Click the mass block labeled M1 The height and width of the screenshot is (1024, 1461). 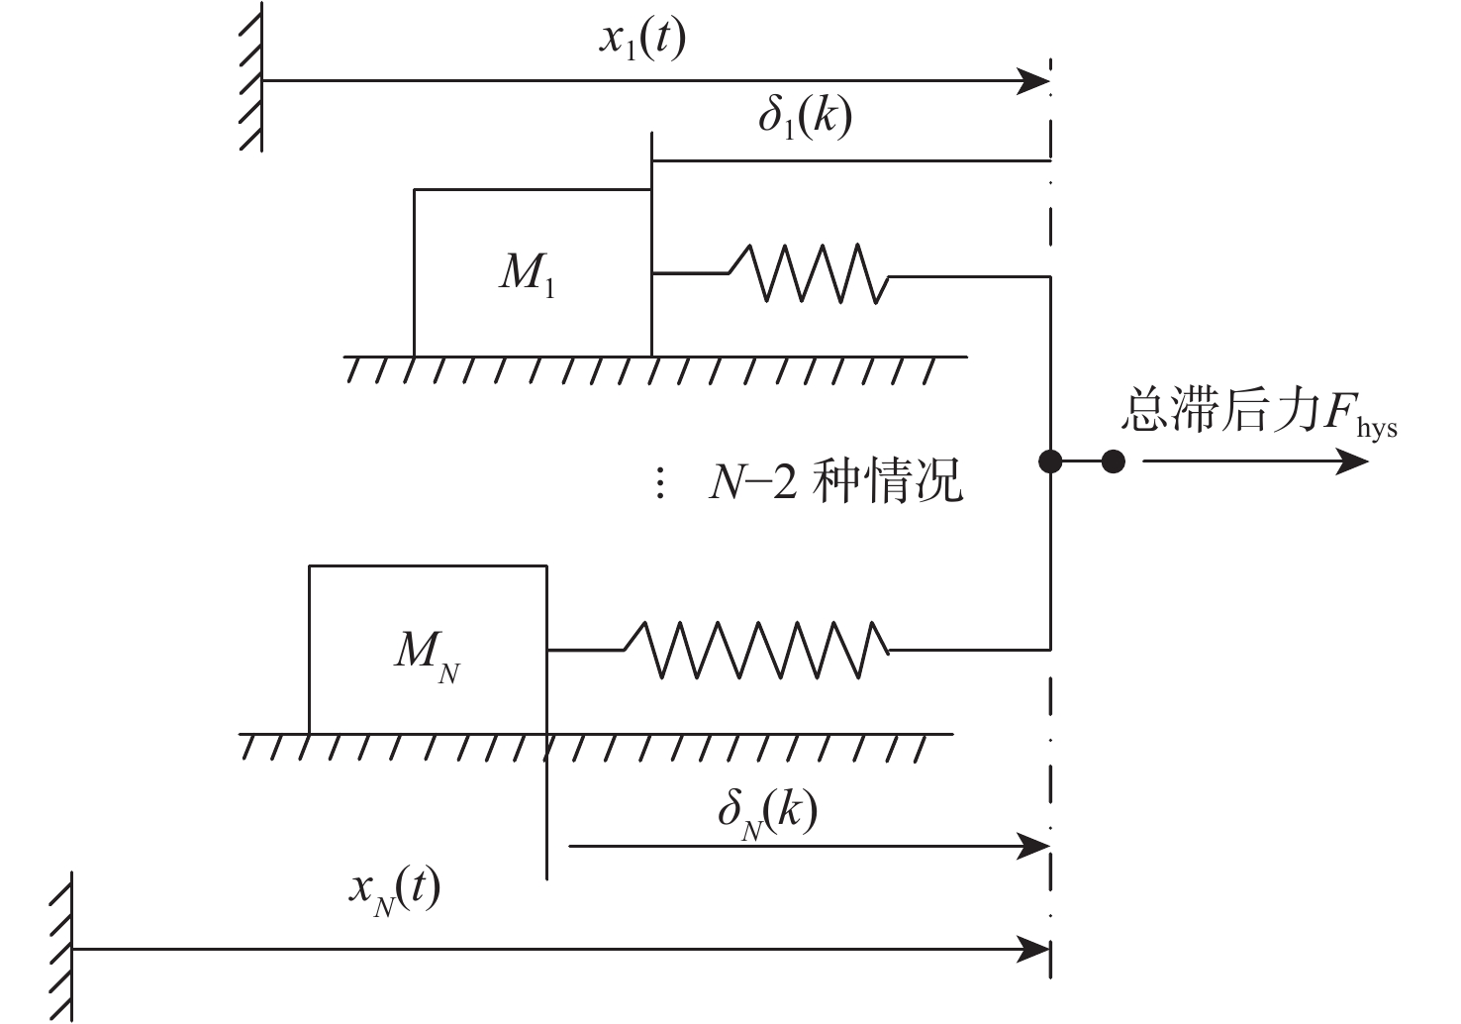click(532, 272)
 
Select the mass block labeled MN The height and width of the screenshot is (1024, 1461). click(428, 650)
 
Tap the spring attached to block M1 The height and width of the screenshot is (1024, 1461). click(808, 273)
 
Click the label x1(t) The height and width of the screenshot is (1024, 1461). click(641, 42)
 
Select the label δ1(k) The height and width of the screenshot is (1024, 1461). click(805, 118)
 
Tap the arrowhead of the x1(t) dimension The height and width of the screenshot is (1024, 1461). click(1034, 81)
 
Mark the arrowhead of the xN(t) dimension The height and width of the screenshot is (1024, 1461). click(1034, 951)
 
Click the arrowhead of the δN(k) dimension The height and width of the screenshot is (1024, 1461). click(1034, 846)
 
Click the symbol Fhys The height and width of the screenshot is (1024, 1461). click(1352, 415)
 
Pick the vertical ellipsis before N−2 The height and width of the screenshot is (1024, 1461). click(660, 485)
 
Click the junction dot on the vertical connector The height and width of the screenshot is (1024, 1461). click(1051, 461)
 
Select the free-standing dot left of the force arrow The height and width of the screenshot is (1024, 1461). click(1114, 461)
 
